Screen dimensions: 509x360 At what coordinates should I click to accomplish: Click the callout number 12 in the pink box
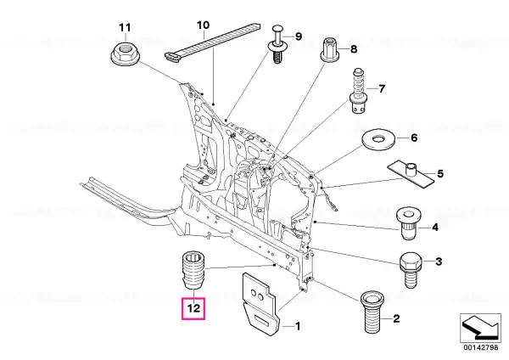[x=193, y=307]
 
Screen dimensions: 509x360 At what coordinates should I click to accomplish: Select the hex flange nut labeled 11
[x=125, y=54]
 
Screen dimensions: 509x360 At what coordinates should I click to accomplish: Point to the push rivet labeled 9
[x=278, y=44]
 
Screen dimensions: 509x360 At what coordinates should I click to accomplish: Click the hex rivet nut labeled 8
[x=330, y=49]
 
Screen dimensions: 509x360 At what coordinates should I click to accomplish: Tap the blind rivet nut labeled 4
[x=407, y=223]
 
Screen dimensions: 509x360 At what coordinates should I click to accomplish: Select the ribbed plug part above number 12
[x=193, y=270]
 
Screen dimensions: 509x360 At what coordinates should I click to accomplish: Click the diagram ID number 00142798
[x=480, y=347]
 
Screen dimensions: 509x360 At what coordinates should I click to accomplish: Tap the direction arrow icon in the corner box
[x=480, y=327]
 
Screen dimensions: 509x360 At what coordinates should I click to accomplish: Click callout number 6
[x=414, y=138]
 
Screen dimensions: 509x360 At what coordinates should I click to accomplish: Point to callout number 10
[x=204, y=25]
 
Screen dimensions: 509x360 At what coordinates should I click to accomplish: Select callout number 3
[x=439, y=262]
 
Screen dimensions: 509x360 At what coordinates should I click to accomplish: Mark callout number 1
[x=298, y=326]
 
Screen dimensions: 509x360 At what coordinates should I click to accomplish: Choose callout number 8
[x=354, y=49]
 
